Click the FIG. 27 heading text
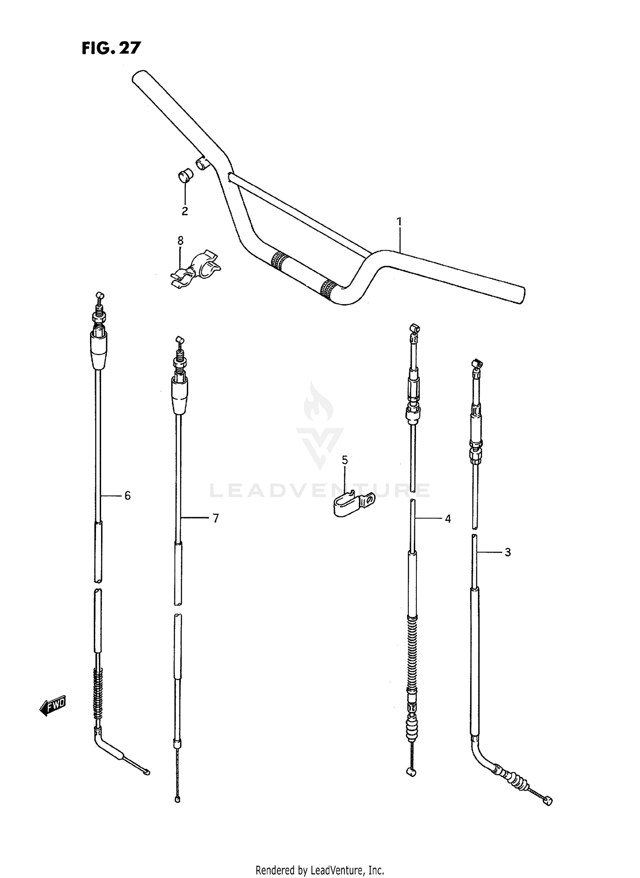(x=111, y=48)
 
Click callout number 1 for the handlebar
(x=399, y=221)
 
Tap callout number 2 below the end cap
(x=185, y=211)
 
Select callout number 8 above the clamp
(x=180, y=241)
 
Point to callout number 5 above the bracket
(x=345, y=460)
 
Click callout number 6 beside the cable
(x=127, y=496)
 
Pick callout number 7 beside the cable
(x=215, y=518)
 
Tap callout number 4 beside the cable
(x=448, y=519)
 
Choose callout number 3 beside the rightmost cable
(x=507, y=552)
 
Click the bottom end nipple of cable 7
(x=177, y=800)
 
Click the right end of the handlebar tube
(x=520, y=295)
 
